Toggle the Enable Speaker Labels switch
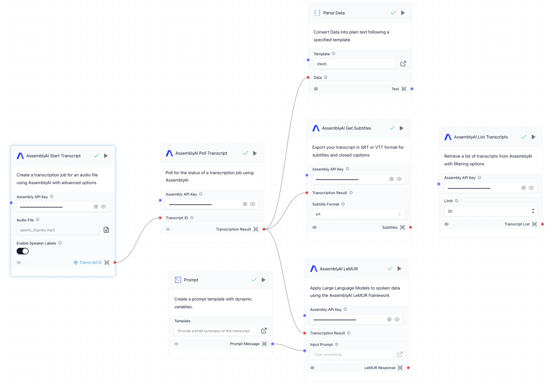tap(22, 251)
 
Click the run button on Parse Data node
tap(403, 13)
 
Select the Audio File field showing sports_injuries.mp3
tap(58, 230)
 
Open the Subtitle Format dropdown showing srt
tap(358, 214)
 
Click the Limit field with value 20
tap(490, 211)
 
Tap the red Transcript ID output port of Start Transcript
tap(115, 262)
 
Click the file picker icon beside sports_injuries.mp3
tap(106, 230)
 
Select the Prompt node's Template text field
tap(216, 331)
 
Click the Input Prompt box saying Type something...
tap(351, 355)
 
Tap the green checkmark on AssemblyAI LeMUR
tap(390, 269)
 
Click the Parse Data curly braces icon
tap(317, 13)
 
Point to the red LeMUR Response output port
tap(408, 368)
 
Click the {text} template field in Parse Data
tap(355, 64)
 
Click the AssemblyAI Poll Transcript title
tap(201, 153)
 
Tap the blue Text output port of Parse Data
tap(412, 89)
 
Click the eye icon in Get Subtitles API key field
tap(399, 179)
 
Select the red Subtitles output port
tap(410, 228)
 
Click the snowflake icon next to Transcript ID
tap(76, 262)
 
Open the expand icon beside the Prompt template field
tap(264, 331)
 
